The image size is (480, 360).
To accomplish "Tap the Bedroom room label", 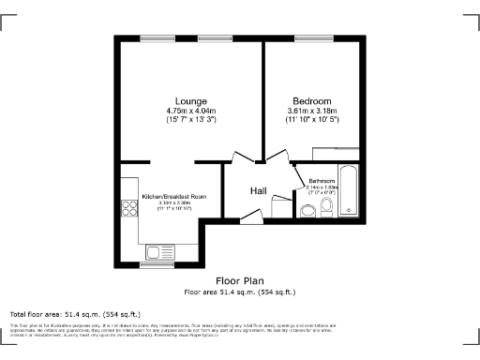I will tap(311, 101).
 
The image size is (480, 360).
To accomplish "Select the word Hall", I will tap(260, 191).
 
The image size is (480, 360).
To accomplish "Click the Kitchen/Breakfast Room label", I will tap(167, 197).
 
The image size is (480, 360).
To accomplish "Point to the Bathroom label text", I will tap(322, 180).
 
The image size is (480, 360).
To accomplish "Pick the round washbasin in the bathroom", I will tap(307, 211).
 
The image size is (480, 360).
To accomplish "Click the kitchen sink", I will tap(159, 251).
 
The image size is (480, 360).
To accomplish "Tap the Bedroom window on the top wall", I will tap(310, 38).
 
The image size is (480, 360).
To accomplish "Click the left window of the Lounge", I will tap(153, 38).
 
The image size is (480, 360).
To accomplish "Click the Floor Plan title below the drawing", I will tap(239, 280).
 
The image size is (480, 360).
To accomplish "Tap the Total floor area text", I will tap(75, 313).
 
